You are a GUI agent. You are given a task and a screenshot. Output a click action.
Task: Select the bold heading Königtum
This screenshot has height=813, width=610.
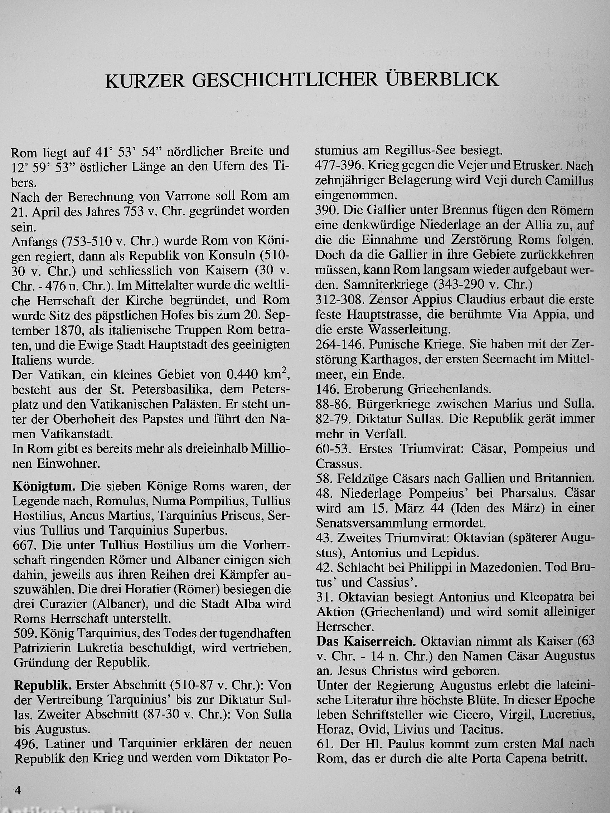44,487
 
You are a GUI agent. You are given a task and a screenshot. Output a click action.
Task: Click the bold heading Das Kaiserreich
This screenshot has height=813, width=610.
366,642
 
